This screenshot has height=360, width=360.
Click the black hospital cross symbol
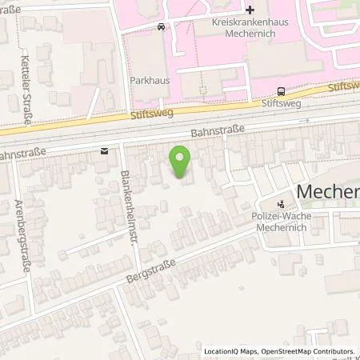[250, 11]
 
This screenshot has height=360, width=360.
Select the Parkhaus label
[146, 81]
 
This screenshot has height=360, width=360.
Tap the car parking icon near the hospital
[162, 26]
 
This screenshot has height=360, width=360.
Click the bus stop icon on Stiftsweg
[281, 91]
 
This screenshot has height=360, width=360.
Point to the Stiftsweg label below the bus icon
[280, 104]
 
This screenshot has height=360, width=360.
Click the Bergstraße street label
[146, 270]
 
